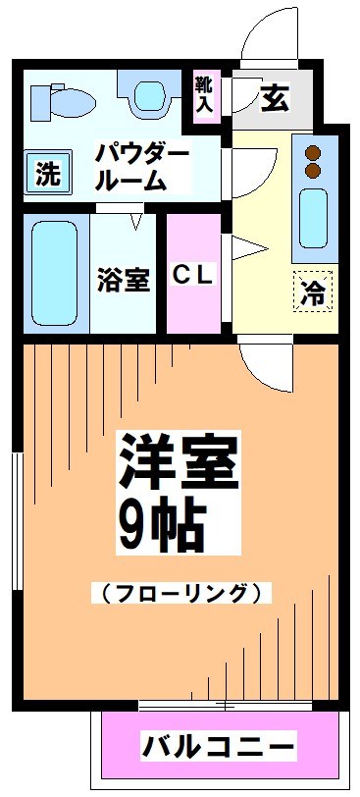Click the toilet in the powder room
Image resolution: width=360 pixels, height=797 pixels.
(x=62, y=98)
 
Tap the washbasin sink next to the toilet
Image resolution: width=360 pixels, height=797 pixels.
(x=150, y=96)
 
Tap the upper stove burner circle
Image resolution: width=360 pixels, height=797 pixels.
(x=314, y=153)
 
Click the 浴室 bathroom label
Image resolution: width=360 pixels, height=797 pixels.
(x=123, y=280)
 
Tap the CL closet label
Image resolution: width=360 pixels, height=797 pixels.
(x=193, y=276)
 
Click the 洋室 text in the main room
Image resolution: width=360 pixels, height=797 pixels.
(x=179, y=461)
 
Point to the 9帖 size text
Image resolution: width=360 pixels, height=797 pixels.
(x=162, y=527)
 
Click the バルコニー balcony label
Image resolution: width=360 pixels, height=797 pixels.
(x=218, y=746)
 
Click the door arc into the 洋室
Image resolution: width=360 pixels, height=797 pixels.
(x=263, y=363)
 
